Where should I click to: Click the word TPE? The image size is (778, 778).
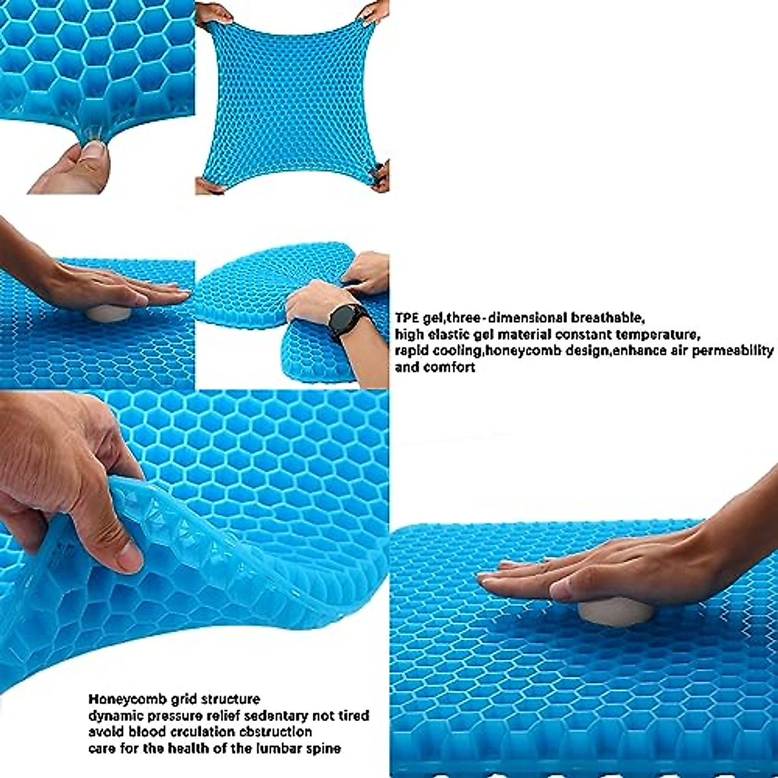click(x=407, y=318)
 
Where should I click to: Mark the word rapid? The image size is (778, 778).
click(x=411, y=351)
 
